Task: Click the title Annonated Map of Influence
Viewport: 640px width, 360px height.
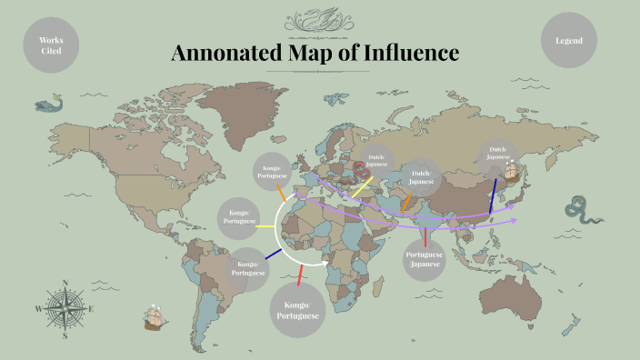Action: click(x=315, y=54)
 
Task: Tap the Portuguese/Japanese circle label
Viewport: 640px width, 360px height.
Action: click(x=425, y=260)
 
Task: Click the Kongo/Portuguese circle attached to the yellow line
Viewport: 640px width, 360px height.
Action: click(x=238, y=217)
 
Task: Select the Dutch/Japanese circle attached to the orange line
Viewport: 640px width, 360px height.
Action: click(x=420, y=177)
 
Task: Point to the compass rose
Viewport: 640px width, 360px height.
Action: click(x=65, y=309)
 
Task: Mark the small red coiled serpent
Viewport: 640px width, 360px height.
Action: click(x=363, y=170)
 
